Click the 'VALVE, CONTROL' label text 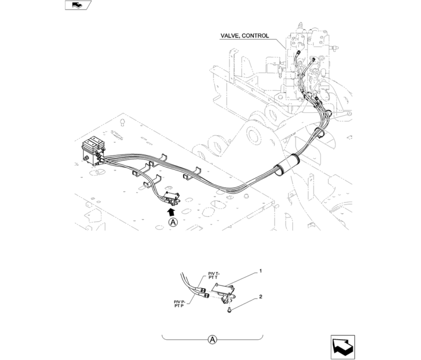tap(244, 36)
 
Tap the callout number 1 tap(260, 271)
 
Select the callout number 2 tap(260, 297)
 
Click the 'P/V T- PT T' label tap(213, 276)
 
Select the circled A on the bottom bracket tap(213, 340)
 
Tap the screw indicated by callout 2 tap(229, 311)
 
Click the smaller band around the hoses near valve tap(320, 134)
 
